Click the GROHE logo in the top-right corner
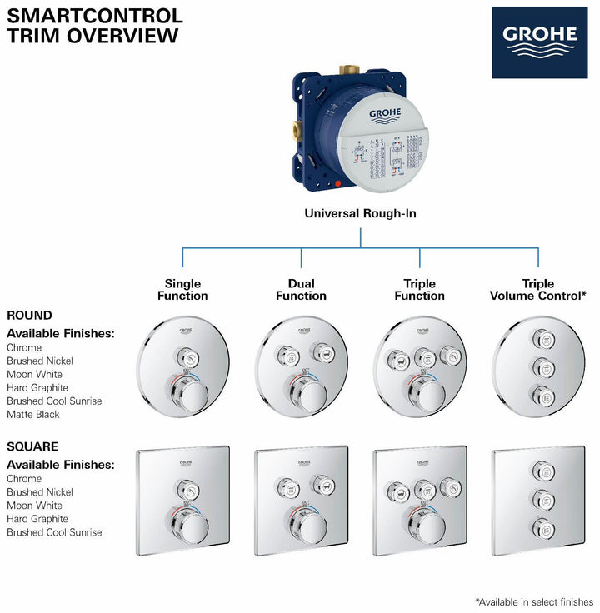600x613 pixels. [539, 42]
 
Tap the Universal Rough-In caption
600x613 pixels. [360, 213]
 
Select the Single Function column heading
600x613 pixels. [182, 290]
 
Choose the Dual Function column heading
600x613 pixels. [301, 290]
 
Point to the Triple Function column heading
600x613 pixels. [419, 290]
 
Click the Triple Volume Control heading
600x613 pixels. [538, 290]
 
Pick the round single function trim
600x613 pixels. [182, 367]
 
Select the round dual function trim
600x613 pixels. [301, 367]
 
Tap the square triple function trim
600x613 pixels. [420, 502]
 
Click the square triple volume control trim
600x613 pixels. [538, 502]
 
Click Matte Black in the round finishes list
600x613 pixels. [33, 414]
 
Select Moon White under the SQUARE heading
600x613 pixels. [35, 506]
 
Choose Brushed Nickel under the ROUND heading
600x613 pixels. [40, 361]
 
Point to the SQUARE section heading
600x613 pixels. [32, 446]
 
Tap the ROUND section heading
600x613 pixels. [29, 316]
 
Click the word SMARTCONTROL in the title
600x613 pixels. [95, 15]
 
